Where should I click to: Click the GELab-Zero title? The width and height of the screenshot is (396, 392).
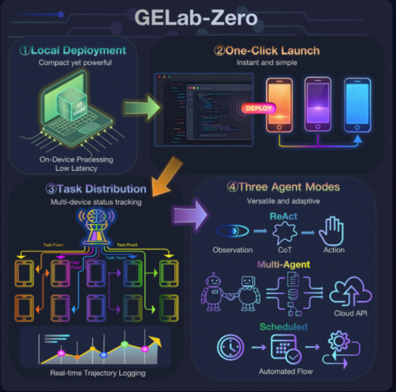click(196, 18)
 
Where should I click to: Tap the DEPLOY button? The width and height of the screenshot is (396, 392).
click(259, 108)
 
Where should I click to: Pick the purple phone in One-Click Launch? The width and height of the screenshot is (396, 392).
click(317, 103)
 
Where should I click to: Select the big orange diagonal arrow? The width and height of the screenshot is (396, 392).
click(164, 177)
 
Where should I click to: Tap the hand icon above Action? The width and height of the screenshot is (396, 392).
click(331, 231)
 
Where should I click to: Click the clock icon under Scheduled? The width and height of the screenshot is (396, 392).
click(230, 347)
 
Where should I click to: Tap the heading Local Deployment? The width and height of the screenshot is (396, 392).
click(73, 50)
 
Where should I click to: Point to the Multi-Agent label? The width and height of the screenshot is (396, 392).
click(284, 264)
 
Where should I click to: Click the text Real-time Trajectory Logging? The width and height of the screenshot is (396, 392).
click(98, 373)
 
